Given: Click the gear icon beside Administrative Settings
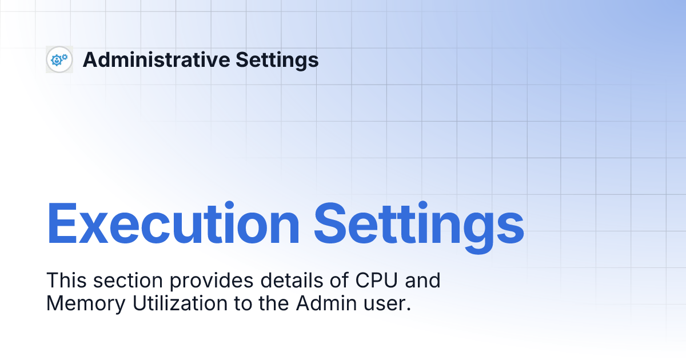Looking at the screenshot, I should pyautogui.click(x=59, y=59).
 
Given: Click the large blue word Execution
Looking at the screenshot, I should pyautogui.click(x=173, y=225).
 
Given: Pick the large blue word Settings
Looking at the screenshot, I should pyautogui.click(x=419, y=225).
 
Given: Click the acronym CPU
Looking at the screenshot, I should pyautogui.click(x=373, y=281).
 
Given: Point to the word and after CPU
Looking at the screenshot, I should pyautogui.click(x=424, y=281).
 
